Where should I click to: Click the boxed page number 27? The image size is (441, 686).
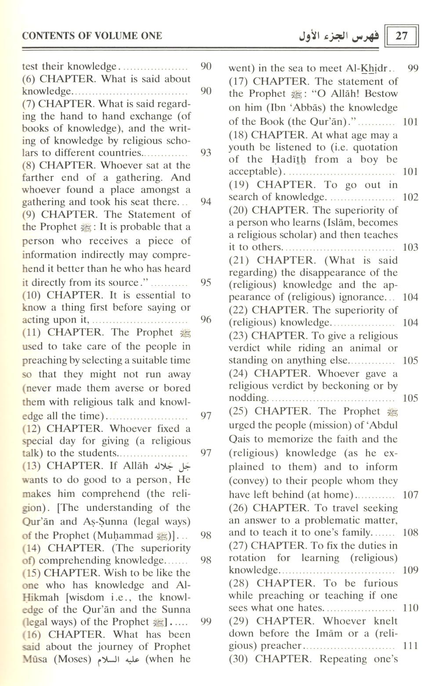point(401,36)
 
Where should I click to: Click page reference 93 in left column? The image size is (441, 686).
point(206,153)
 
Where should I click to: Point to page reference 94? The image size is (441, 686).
point(206,202)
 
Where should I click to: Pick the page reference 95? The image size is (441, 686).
point(206,282)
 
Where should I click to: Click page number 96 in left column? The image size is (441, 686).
point(206,320)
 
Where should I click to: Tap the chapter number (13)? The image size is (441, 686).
point(31,466)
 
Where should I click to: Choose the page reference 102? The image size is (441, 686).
point(410,197)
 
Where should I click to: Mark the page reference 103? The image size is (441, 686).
point(410,247)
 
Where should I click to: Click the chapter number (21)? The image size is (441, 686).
point(239,260)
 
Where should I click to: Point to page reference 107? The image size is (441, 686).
point(410,495)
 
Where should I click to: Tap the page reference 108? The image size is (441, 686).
point(410,533)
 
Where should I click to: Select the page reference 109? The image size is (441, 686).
point(410,570)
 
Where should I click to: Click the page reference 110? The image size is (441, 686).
point(410,608)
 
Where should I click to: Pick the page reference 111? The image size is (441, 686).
point(410,646)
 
